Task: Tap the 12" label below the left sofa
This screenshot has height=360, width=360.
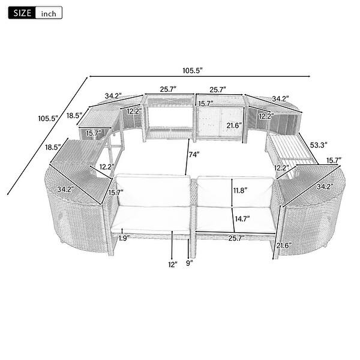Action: pyautogui.click(x=173, y=265)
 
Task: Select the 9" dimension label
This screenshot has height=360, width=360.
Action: pyautogui.click(x=190, y=262)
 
